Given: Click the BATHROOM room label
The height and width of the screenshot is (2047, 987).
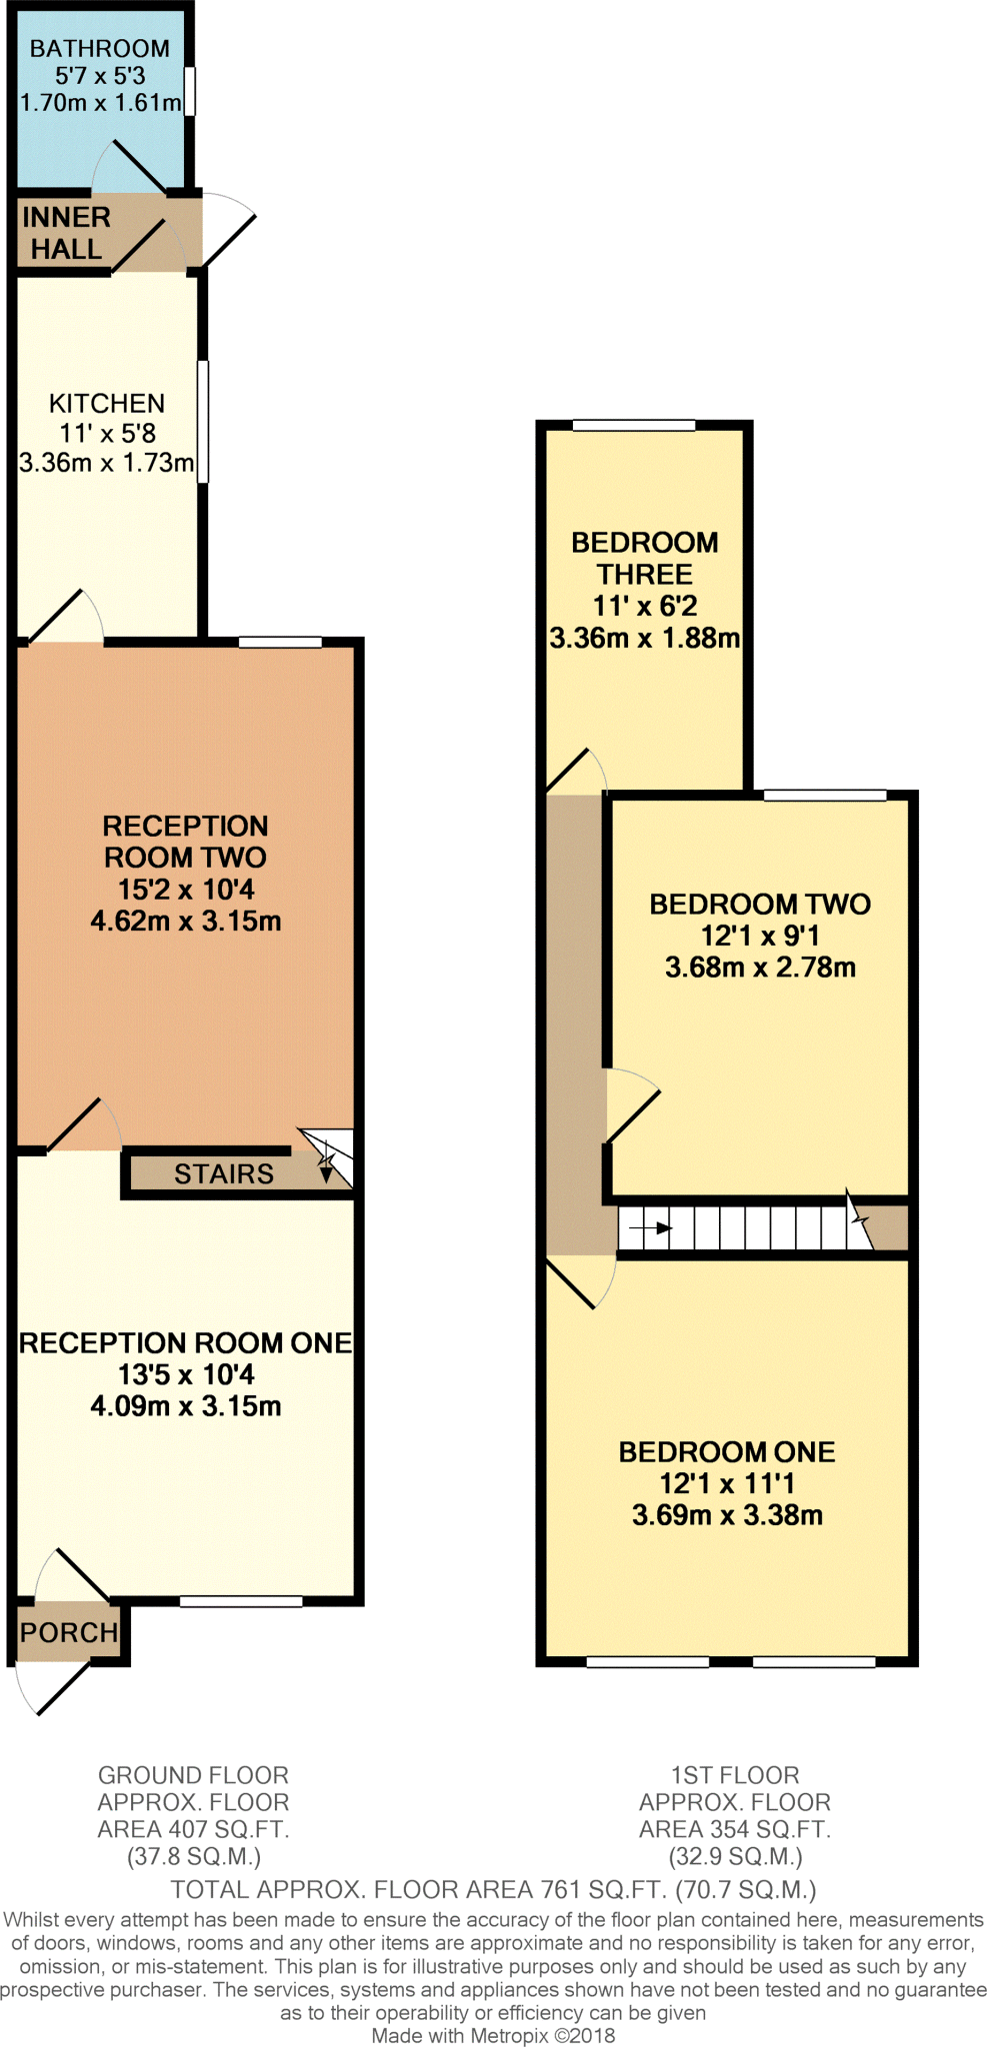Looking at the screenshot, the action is [99, 48].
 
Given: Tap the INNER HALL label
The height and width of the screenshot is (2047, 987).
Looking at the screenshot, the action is [66, 233].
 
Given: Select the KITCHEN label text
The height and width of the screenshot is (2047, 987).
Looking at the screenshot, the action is [107, 403].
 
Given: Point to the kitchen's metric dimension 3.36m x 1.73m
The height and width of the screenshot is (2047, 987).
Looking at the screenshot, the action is [107, 463].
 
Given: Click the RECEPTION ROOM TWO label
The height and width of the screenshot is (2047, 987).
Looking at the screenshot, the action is [186, 842].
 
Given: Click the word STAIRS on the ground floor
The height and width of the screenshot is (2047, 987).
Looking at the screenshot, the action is [224, 1173].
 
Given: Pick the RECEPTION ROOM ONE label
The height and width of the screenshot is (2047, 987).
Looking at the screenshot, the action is [186, 1342].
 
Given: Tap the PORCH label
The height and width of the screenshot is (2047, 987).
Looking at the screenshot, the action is [69, 1632].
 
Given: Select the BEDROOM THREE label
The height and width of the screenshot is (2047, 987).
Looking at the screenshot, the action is [645, 558].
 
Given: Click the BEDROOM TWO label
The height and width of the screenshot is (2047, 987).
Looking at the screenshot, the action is [760, 904].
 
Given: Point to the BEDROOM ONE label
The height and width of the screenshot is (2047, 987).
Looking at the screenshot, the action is [727, 1451].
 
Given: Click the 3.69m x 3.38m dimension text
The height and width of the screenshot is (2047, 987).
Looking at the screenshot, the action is [727, 1515].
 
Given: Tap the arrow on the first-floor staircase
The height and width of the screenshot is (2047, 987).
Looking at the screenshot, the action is [650, 1228].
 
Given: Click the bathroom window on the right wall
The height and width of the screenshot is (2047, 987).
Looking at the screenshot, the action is [190, 91].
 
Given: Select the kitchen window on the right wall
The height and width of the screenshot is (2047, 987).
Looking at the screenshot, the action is [203, 421].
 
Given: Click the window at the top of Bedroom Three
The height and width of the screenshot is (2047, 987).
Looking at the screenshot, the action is [634, 426].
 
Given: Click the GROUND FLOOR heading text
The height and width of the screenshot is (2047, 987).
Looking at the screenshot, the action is [193, 1775].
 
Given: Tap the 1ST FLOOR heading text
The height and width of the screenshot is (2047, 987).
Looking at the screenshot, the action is [735, 1775].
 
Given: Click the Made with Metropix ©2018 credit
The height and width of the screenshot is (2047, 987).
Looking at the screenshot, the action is [493, 2035].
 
